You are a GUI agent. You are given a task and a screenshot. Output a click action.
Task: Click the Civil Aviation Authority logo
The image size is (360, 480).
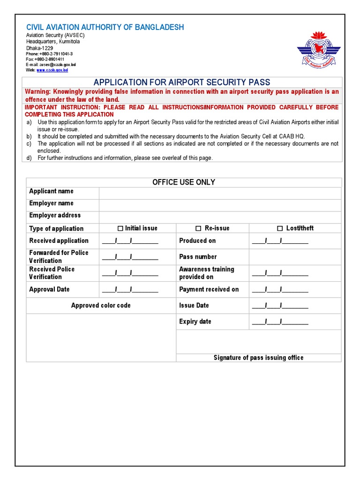(x=317, y=49)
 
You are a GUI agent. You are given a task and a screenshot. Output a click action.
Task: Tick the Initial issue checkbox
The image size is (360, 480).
(x=120, y=228)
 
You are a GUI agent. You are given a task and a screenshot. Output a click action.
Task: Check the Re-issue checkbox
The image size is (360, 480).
(x=198, y=228)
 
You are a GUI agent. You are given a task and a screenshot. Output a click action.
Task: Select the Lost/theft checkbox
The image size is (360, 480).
(x=280, y=228)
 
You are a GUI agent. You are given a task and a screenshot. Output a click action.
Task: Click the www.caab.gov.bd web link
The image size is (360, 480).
(x=52, y=70)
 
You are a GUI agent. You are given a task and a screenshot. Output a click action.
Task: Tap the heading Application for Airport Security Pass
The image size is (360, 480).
(x=182, y=82)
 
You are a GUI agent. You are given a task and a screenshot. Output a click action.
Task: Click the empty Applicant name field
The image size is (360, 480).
(x=220, y=193)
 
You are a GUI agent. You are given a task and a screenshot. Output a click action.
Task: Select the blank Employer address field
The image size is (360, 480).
(x=220, y=217)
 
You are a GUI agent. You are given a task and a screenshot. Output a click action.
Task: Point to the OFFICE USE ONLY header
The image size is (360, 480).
(x=184, y=182)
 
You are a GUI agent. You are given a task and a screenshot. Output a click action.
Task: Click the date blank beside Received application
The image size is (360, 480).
(x=130, y=241)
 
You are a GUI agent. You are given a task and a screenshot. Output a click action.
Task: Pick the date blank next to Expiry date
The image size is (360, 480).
(x=280, y=322)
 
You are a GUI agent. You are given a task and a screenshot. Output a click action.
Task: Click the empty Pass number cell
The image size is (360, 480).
(x=295, y=257)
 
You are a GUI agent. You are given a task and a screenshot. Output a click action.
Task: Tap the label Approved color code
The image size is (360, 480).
(x=101, y=306)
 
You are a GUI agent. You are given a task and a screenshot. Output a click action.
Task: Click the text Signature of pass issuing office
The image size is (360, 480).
(x=258, y=358)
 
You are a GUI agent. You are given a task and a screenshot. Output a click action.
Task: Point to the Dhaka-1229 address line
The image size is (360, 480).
(x=39, y=48)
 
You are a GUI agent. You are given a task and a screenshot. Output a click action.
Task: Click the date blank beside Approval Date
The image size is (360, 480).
(x=130, y=290)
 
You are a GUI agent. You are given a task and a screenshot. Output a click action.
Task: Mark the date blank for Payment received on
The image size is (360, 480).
(x=280, y=290)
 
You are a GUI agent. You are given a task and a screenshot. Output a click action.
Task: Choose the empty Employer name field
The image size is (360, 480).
(x=220, y=205)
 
